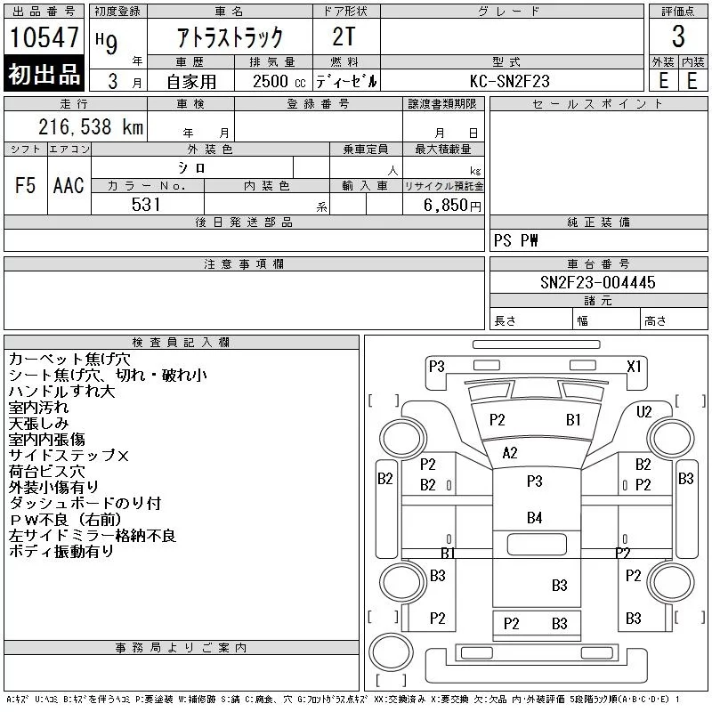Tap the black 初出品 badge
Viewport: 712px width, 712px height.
tap(44, 75)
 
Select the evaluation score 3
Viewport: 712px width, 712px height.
tap(678, 37)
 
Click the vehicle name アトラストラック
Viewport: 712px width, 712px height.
tap(229, 37)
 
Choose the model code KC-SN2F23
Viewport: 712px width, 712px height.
tap(510, 81)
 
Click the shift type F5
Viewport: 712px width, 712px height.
tap(26, 185)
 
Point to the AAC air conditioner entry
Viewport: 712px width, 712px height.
tap(69, 185)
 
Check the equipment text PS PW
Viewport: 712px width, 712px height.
tap(515, 240)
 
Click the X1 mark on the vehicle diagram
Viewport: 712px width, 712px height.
tap(634, 366)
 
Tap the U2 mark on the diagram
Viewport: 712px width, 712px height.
tap(644, 411)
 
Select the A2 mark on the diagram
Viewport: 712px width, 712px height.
tap(509, 452)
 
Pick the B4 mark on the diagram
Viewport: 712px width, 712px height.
tap(534, 517)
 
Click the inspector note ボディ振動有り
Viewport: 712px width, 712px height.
tap(61, 552)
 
